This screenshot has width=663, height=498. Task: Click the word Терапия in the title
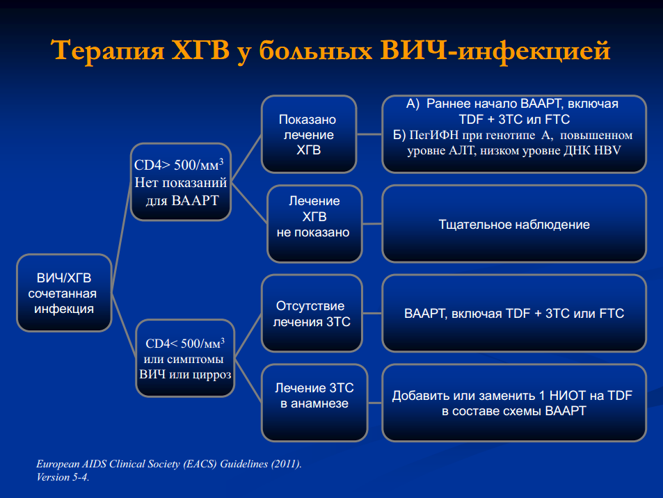tap(107, 51)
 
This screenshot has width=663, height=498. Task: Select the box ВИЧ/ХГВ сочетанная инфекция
tap(64, 293)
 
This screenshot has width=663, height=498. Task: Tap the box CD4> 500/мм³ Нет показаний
tap(181, 182)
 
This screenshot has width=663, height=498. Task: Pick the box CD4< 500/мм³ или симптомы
tap(185, 358)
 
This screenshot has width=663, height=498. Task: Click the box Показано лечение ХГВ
tap(309, 134)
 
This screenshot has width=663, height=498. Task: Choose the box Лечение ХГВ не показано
tap(314, 224)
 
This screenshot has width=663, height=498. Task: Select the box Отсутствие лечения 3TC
tap(312, 313)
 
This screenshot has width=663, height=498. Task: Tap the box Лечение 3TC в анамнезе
tap(314, 403)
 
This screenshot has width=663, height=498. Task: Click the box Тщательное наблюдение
tap(514, 224)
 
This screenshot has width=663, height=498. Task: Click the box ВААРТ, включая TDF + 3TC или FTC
tap(514, 313)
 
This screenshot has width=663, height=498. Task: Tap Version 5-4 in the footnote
tap(62, 477)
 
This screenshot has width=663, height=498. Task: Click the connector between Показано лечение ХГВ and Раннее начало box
tap(369, 134)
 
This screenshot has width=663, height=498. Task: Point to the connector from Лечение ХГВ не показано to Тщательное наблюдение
tap(372, 224)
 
